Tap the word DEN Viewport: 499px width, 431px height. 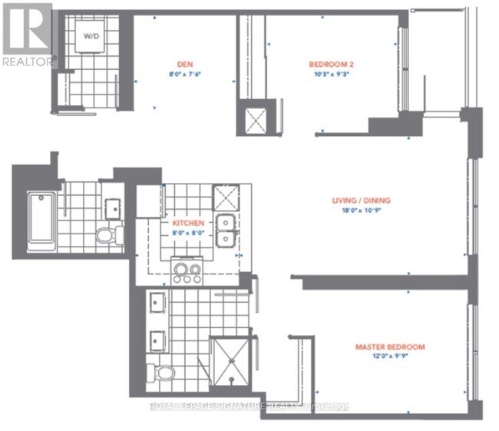pyautogui.click(x=183, y=65)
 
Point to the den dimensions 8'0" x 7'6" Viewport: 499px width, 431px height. pyautogui.click(x=183, y=75)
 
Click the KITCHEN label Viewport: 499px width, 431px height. pyautogui.click(x=187, y=222)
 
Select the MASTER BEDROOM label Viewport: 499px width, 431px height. pyautogui.click(x=390, y=346)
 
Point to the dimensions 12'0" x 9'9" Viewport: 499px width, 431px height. pyautogui.click(x=390, y=356)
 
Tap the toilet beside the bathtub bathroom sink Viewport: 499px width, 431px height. pyautogui.click(x=107, y=234)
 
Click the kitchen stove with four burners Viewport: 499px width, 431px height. pyautogui.click(x=187, y=270)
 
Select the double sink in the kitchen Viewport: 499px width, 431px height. pyautogui.click(x=225, y=230)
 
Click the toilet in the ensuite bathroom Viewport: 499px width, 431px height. pyautogui.click(x=163, y=375)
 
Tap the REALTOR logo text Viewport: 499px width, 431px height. pyautogui.click(x=27, y=59)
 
